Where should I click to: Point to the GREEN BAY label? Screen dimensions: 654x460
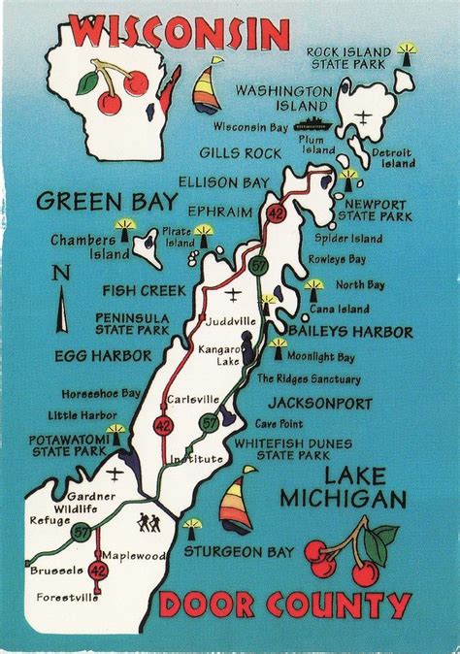pos(107,202)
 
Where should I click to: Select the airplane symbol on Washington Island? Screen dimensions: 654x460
pos(363,117)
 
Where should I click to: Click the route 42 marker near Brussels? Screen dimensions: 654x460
pos(97,572)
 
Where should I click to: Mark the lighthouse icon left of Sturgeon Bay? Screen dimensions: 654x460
pos(192,528)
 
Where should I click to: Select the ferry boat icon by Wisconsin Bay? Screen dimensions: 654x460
pos(311,125)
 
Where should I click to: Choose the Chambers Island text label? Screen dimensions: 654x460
pos(78,246)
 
